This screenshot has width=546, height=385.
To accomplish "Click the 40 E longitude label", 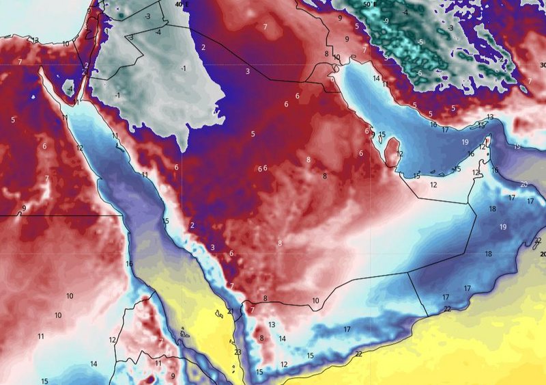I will pos(181,4).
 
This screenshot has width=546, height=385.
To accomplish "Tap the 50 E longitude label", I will pos(369,4).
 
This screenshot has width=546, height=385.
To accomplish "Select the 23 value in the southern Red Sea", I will pos(238,352).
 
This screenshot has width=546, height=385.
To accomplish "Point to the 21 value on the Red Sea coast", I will pos(231,312).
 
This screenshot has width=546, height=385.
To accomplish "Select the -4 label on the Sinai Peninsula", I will pos(70,89).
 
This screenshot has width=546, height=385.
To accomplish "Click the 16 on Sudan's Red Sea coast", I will pos(129,264).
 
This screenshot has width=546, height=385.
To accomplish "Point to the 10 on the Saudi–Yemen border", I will pos(315,301).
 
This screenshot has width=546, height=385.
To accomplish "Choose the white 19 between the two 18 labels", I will pos(503,226).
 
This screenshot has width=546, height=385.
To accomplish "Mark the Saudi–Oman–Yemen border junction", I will pos(407,272).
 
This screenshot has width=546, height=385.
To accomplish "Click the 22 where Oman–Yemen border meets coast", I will pos(446,310).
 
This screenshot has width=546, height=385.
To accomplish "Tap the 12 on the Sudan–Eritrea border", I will pos(113,340).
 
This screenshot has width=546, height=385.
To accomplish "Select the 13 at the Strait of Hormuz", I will pos(489,118).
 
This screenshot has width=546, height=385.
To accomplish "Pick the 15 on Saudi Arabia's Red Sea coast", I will pos(165,221).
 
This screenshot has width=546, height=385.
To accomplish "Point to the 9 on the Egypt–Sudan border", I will pos(24,208).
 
